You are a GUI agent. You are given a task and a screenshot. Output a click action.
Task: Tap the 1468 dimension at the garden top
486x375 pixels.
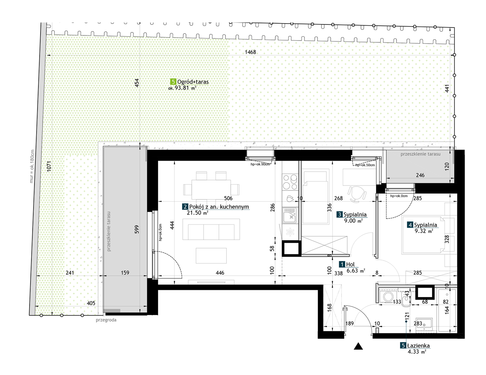click(x=250, y=52)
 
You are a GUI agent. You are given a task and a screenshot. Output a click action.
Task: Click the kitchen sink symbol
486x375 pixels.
click(x=290, y=215)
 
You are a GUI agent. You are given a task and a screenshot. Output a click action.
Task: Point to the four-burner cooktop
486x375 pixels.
click(x=290, y=182)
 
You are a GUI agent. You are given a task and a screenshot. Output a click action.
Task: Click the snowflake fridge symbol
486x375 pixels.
click(x=290, y=232)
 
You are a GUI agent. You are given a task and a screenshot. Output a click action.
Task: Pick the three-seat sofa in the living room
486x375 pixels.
click(x=211, y=229)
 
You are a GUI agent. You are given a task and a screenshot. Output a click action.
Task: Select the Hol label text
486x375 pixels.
click(x=350, y=264)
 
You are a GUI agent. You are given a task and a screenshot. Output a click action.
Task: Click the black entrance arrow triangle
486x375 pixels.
click(x=358, y=346)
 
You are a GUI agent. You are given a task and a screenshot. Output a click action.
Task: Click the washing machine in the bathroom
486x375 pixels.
click(x=388, y=297)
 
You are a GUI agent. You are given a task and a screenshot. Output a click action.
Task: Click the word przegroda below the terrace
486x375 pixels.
click(x=106, y=320)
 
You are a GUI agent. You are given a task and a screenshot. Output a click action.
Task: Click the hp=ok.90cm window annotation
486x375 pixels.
click(x=260, y=164)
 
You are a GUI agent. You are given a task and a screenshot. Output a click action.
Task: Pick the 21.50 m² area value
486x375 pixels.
click(x=197, y=213)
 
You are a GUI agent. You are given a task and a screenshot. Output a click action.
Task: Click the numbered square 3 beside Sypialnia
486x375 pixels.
click(x=339, y=215)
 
